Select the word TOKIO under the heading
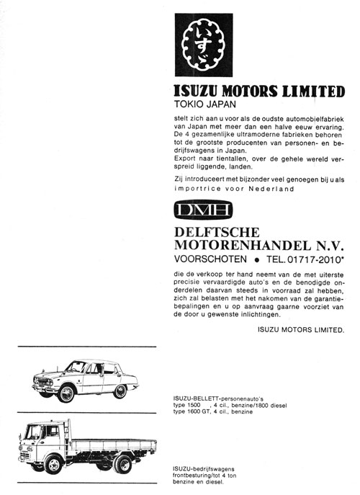tap(189, 103)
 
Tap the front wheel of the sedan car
tap(67, 393)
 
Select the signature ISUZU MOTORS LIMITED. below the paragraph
tap(300, 329)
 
